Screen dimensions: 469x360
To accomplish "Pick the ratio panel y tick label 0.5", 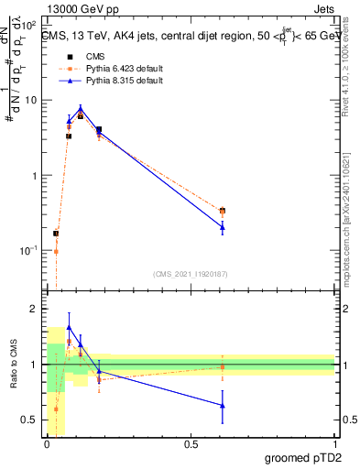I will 28,420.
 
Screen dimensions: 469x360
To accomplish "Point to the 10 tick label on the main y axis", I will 30,100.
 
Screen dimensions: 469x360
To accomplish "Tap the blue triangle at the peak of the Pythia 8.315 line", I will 81,109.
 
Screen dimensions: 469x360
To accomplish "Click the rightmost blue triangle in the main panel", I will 223,226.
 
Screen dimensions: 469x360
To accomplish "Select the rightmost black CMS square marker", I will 223,211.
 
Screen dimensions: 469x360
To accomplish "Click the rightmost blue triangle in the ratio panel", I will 223,405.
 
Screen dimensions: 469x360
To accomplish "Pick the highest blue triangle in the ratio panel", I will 69,327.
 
